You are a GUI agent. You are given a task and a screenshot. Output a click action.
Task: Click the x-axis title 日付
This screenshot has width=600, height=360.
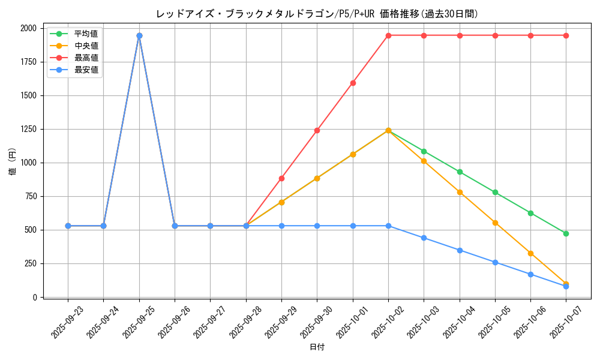point(317,347)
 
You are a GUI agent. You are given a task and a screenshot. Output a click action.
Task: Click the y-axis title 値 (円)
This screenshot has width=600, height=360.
point(13,163)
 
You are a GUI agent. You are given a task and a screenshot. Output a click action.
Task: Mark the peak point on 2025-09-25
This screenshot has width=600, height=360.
point(139,35)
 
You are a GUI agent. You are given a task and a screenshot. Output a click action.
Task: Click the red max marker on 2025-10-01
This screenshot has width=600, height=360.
point(353,83)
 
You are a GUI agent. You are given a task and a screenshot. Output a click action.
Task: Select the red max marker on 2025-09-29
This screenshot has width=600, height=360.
point(281,178)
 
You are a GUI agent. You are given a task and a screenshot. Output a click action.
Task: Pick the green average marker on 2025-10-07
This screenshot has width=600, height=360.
point(566,233)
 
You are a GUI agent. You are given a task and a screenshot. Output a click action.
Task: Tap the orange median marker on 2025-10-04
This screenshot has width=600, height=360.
point(460,192)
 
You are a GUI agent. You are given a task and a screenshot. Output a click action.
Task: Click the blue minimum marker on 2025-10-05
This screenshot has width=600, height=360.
point(495,262)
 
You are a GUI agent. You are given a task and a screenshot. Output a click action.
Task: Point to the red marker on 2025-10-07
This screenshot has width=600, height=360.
point(566,35)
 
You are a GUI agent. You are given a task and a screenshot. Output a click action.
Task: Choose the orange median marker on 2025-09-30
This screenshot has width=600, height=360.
point(317,178)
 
